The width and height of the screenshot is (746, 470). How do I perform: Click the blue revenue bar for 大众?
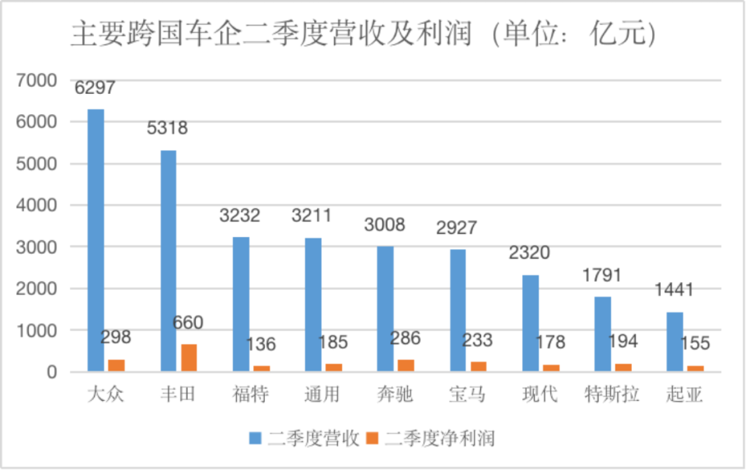[x=96, y=240]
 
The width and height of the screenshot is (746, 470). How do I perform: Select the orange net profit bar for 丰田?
[x=188, y=357]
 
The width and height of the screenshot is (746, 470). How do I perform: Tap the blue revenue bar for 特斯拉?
[x=602, y=334]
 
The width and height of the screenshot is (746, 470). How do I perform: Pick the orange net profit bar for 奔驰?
[x=406, y=365]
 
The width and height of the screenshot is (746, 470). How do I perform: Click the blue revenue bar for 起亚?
[x=675, y=342]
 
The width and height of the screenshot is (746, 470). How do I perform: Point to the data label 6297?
[x=95, y=88]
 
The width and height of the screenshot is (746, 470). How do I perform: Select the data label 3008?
[x=385, y=225]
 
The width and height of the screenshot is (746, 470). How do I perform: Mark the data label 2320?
[x=530, y=253]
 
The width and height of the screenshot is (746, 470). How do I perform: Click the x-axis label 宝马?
[x=467, y=395]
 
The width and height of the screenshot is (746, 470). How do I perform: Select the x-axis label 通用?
[x=322, y=395]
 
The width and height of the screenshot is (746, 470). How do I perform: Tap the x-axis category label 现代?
[x=539, y=395]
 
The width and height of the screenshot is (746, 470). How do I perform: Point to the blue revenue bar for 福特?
[x=240, y=304]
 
